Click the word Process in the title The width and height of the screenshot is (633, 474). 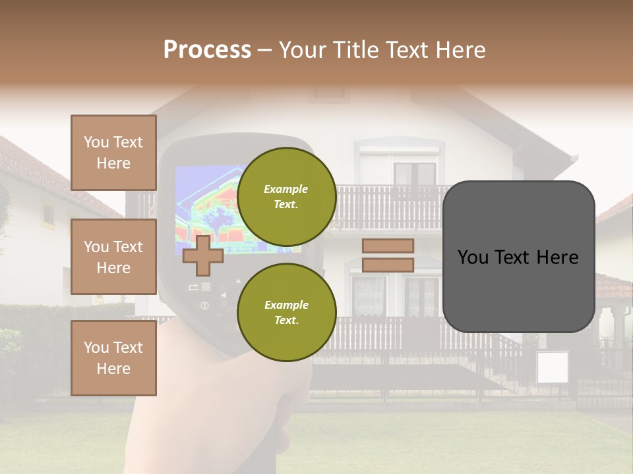tap(207, 49)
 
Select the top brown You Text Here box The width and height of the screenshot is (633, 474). tap(113, 153)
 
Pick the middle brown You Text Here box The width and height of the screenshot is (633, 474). tap(113, 257)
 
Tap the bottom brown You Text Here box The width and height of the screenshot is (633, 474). tap(113, 357)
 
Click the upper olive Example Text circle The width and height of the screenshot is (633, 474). tap(286, 197)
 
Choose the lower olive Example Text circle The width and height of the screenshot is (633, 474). tap(286, 313)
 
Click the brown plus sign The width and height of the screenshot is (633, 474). tap(202, 255)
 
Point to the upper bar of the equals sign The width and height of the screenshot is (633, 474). tap(388, 246)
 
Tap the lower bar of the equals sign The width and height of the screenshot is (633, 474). tap(388, 265)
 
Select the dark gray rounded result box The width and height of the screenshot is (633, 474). tap(518, 257)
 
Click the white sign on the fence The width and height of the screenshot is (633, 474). tap(552, 368)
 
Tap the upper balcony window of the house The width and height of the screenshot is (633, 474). tap(415, 172)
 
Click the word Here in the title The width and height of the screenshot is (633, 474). tap(461, 49)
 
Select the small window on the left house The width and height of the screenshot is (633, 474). tap(49, 214)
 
